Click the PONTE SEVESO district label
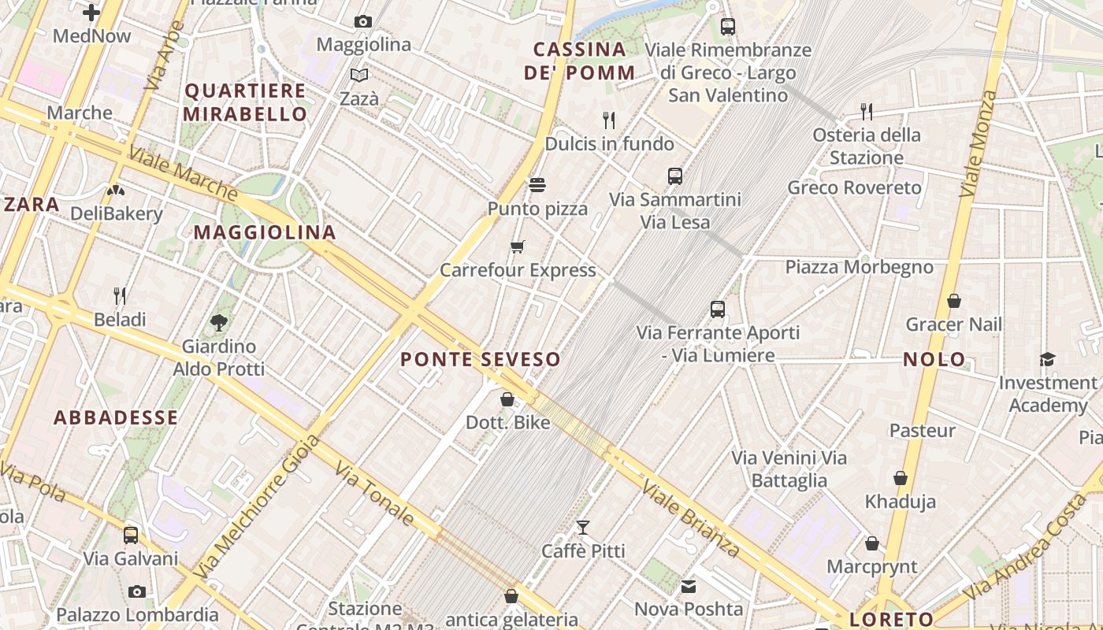click(x=480, y=360)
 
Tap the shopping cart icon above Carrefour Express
click(x=518, y=247)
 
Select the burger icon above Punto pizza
click(x=537, y=185)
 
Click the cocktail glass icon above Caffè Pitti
click(x=583, y=528)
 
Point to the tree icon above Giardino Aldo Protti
click(x=219, y=322)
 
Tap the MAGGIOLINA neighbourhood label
click(x=265, y=232)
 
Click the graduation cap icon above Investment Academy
click(x=1047, y=359)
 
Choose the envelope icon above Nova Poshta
click(x=689, y=586)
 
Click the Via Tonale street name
click(x=374, y=494)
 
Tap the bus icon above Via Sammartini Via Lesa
click(x=675, y=176)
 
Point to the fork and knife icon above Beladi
click(x=120, y=296)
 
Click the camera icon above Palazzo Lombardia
click(x=137, y=591)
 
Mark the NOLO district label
click(x=934, y=360)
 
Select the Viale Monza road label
click(x=979, y=143)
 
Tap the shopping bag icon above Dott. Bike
click(x=507, y=399)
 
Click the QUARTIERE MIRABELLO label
click(x=245, y=102)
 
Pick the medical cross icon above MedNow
click(x=91, y=12)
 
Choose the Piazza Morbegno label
click(x=859, y=267)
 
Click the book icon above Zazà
click(x=359, y=76)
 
